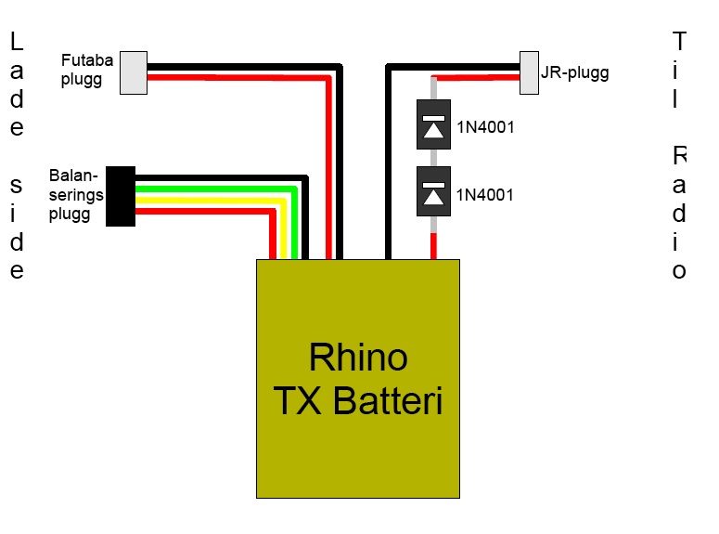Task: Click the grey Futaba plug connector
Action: [x=134, y=72]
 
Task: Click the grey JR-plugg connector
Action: [x=530, y=72]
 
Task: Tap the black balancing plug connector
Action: [x=121, y=196]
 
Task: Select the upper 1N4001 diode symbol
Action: [x=433, y=124]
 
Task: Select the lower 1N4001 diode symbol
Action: [x=433, y=191]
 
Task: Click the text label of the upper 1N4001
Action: [x=485, y=128]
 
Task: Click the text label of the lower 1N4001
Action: [x=485, y=195]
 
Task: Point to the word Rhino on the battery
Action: [x=357, y=358]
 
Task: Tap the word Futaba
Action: [x=87, y=62]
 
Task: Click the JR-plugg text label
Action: [x=575, y=72]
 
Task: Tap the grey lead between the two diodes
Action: [x=433, y=158]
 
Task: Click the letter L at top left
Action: [x=17, y=42]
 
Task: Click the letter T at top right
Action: [x=680, y=42]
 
